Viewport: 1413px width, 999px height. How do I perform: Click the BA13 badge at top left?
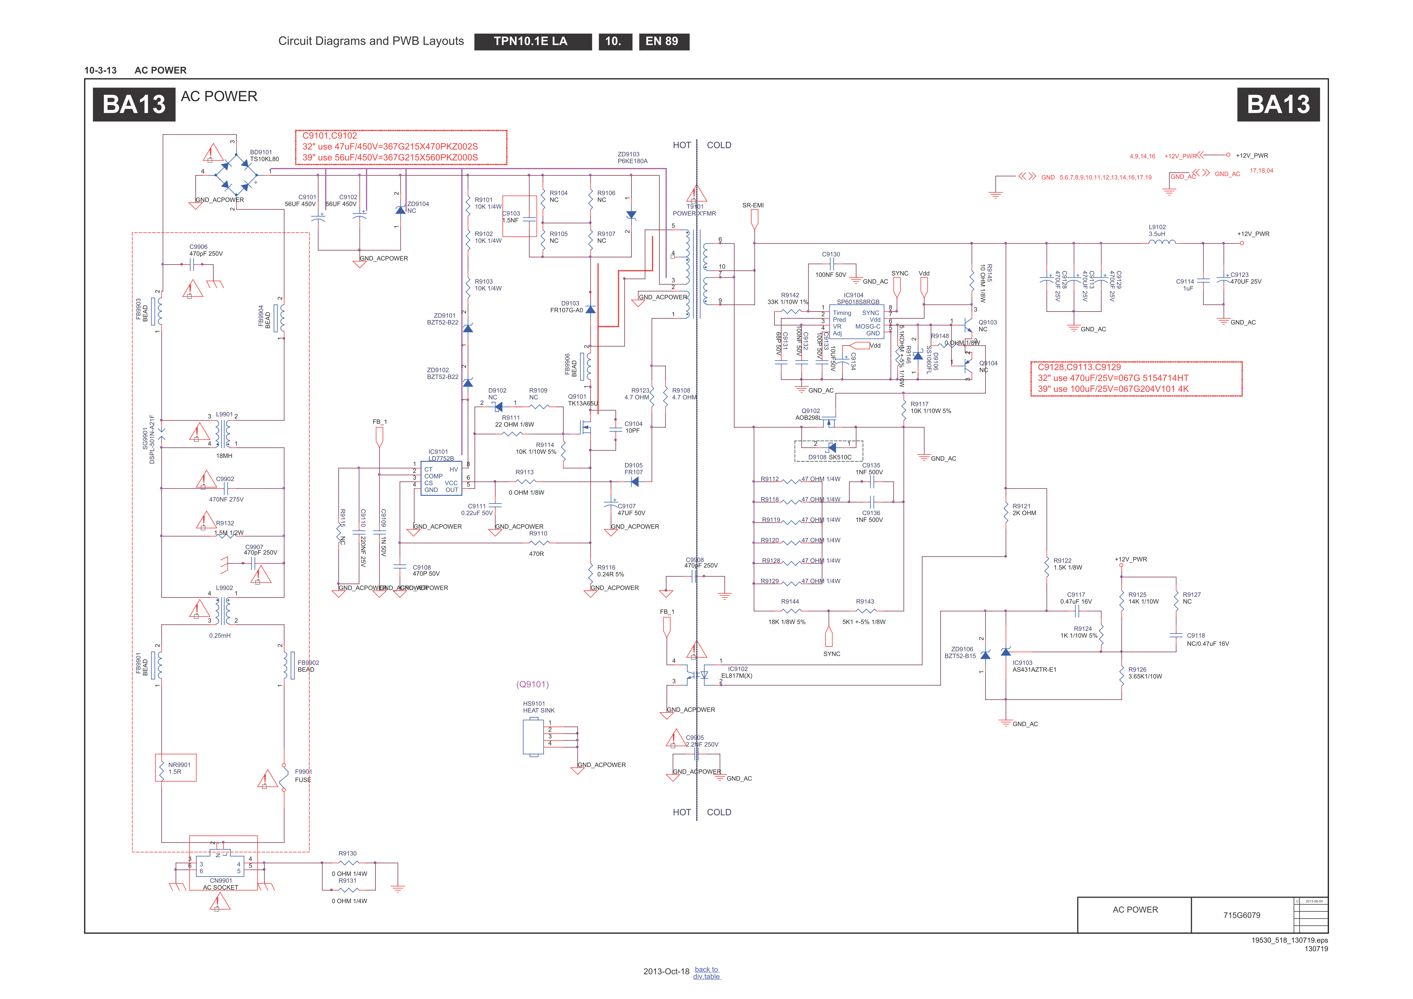coord(134,105)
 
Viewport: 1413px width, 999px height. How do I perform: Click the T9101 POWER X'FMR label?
coord(694,210)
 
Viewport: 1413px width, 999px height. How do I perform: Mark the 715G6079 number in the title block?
coord(1241,915)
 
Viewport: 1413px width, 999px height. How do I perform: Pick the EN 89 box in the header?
coord(663,41)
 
